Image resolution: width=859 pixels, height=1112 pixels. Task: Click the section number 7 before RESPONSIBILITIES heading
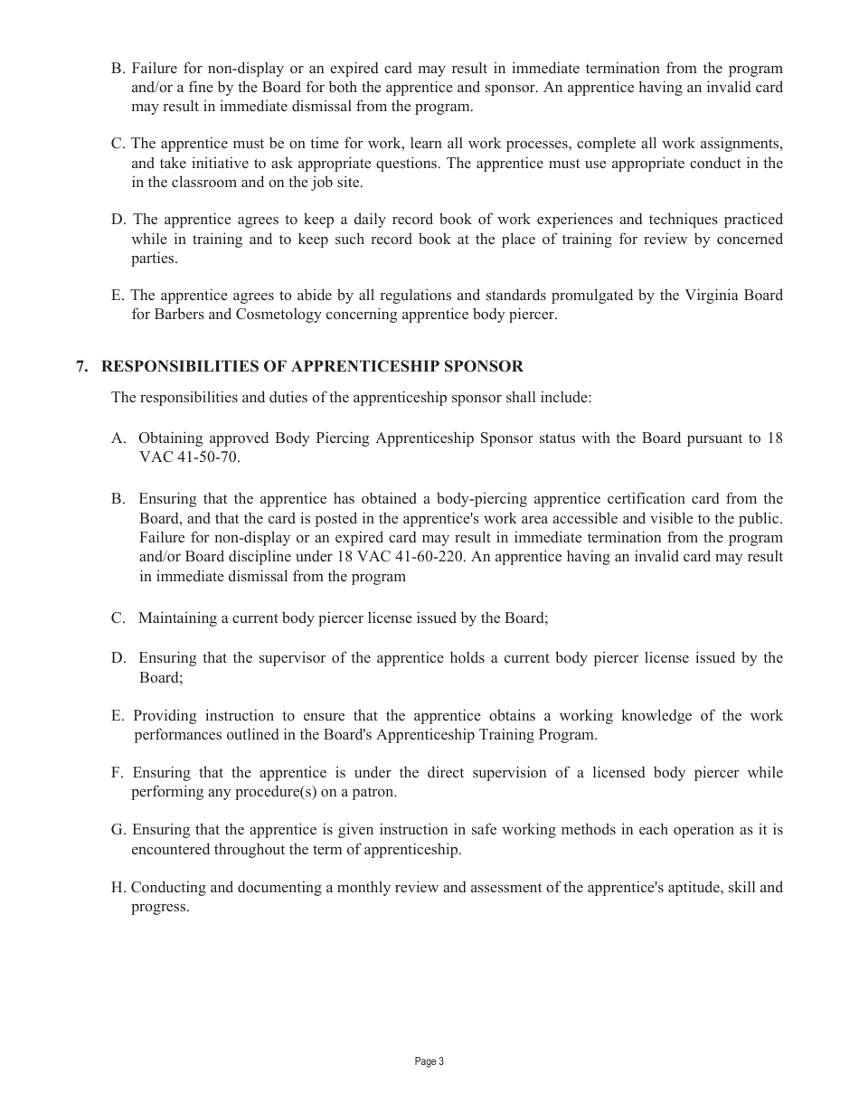81,366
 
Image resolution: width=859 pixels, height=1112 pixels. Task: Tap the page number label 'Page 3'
429,1061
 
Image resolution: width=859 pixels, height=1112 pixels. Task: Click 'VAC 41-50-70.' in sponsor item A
190,457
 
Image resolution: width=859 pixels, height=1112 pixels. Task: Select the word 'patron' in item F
371,792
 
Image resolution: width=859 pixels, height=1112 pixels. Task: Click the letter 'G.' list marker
118,830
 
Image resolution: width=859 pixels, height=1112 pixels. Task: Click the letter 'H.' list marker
118,888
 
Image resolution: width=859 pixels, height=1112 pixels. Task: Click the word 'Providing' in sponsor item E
164,716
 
